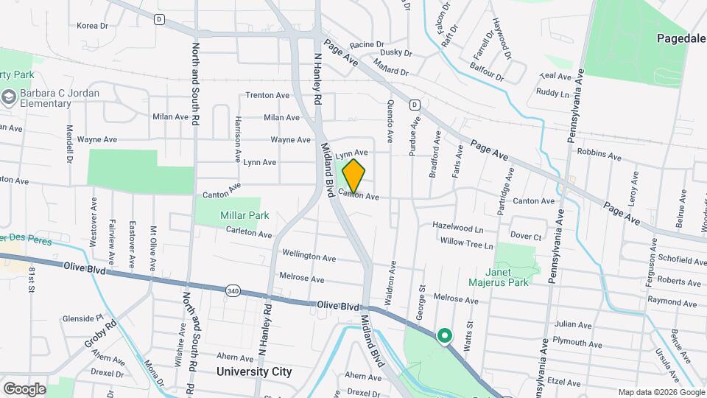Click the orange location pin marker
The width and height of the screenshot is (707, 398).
coord(353,175)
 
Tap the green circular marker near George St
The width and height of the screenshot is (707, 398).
coord(444,336)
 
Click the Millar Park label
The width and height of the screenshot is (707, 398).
coord(245,215)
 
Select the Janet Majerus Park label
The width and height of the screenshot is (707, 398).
coord(499,276)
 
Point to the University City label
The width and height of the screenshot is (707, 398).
coord(254,371)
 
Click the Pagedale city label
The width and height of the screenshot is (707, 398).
coord(680,37)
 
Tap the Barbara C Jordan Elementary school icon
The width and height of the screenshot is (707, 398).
coord(9,97)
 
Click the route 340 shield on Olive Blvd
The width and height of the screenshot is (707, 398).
coord(233,292)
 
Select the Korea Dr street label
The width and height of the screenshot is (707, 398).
coord(92,25)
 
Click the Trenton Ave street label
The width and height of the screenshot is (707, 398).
coord(267,95)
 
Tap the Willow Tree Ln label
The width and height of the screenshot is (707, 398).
coord(465,242)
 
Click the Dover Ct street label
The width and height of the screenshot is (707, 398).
coord(526,237)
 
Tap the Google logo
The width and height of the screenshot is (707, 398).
coord(24,389)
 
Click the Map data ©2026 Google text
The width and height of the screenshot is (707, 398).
coord(660,392)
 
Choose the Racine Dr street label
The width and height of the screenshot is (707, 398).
coord(367,44)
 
